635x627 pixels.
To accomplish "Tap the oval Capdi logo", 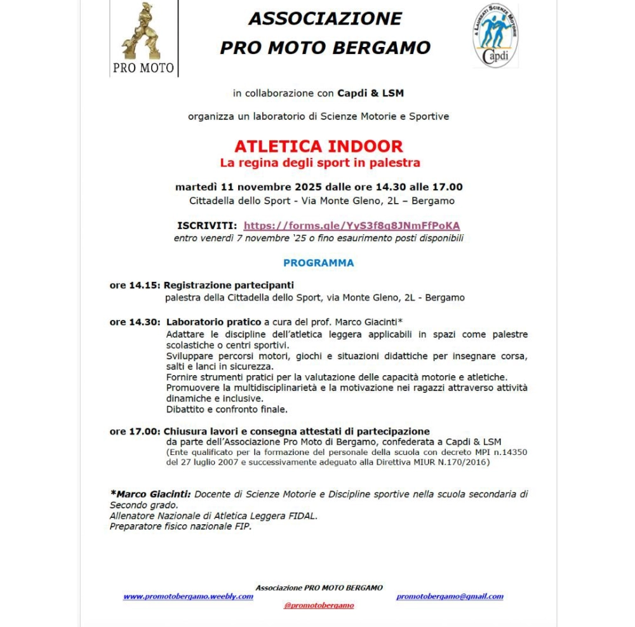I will click(495, 36).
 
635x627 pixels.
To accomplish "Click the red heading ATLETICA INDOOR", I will click(318, 147).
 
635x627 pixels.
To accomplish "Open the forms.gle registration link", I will click(352, 226).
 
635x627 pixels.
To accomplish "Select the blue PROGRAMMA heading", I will click(318, 263).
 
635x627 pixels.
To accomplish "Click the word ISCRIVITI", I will click(207, 226).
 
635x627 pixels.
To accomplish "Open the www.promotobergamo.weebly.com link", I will click(188, 597).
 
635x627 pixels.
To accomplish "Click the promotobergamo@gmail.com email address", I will click(450, 597).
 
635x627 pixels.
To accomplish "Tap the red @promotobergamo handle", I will click(319, 606).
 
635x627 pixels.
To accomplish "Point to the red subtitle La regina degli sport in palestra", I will click(320, 163).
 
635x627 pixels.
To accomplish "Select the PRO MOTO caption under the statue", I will click(143, 67).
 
